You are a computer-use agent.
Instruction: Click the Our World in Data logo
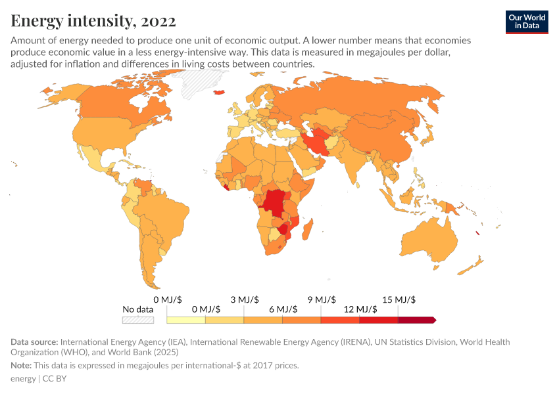[527, 21]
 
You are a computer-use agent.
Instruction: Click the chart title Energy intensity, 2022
[93, 21]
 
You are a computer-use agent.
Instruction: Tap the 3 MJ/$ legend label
[245, 299]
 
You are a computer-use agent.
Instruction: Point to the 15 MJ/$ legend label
[399, 299]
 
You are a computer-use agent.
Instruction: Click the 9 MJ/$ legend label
[322, 299]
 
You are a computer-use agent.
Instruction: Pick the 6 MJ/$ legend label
[283, 309]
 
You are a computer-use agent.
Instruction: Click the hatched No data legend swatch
[138, 320]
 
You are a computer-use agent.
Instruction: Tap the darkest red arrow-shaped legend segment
[416, 320]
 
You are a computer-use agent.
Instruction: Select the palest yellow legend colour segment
[186, 320]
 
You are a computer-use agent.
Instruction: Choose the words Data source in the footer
[34, 342]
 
